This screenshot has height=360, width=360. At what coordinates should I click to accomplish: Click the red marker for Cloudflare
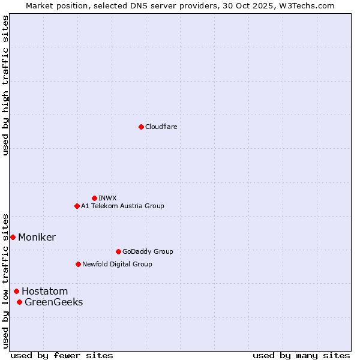141,127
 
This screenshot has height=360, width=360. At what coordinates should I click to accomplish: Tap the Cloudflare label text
161,127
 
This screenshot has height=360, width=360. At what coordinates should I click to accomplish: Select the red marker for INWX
94,198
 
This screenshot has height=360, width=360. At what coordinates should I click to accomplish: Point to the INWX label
107,199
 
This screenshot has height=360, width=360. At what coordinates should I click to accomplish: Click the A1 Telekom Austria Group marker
77,206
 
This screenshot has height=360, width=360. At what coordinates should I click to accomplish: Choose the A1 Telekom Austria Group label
122,206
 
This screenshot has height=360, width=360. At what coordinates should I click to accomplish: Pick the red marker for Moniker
13,237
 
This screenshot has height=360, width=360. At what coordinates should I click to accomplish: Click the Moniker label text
37,238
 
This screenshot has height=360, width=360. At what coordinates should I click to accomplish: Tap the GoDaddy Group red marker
118,251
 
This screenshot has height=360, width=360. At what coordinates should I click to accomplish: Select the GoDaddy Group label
148,252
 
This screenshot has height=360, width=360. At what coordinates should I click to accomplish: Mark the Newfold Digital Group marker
78,264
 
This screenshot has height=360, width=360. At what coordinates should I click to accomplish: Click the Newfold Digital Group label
117,265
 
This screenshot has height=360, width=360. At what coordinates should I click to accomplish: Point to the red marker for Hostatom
16,291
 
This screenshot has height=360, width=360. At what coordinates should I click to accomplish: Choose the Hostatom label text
44,292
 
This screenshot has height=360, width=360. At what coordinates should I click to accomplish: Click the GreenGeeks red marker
19,302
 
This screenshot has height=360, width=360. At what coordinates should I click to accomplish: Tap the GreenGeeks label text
53,302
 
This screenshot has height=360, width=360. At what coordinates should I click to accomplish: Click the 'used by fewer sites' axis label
62,356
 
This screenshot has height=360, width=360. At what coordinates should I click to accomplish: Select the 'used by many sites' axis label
301,356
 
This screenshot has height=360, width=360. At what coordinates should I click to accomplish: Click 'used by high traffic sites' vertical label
6,85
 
